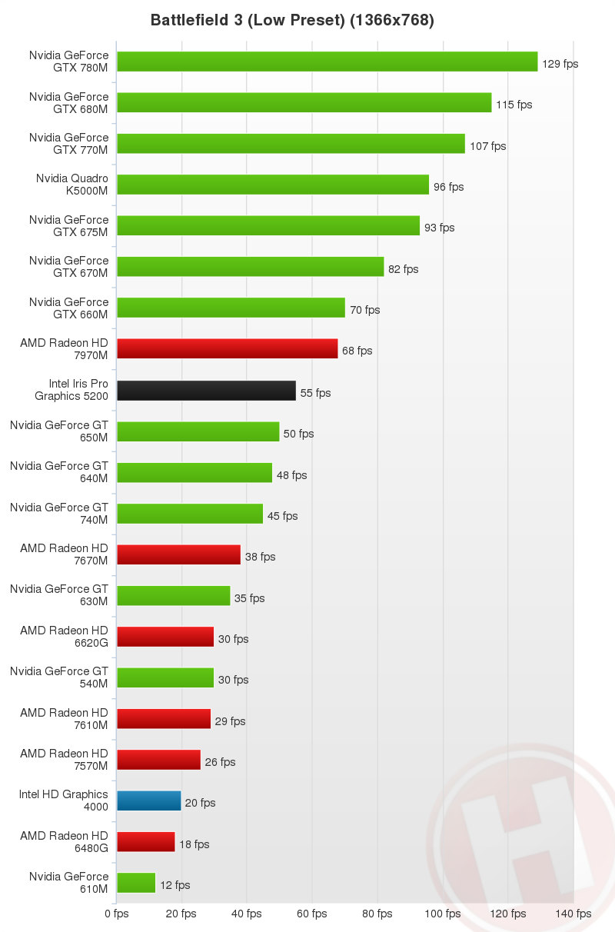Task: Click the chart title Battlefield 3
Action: [292, 21]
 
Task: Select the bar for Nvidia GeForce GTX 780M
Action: [327, 62]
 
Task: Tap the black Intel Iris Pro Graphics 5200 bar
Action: [206, 391]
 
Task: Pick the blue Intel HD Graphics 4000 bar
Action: [148, 801]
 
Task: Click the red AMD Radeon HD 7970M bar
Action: [227, 349]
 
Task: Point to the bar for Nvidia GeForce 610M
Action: [136, 883]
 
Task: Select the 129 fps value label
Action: [560, 64]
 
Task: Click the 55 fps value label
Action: [315, 393]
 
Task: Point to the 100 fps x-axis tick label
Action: [442, 914]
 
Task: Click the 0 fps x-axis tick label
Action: [117, 914]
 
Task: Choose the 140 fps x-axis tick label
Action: [573, 914]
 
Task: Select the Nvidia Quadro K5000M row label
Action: [72, 184]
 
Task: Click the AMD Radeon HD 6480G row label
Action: [65, 841]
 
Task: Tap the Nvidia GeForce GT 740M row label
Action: [59, 513]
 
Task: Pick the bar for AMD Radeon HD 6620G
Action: [165, 637]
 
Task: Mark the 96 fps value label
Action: [448, 187]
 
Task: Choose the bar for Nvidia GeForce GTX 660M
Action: [231, 308]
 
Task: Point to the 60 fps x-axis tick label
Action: [312, 914]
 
